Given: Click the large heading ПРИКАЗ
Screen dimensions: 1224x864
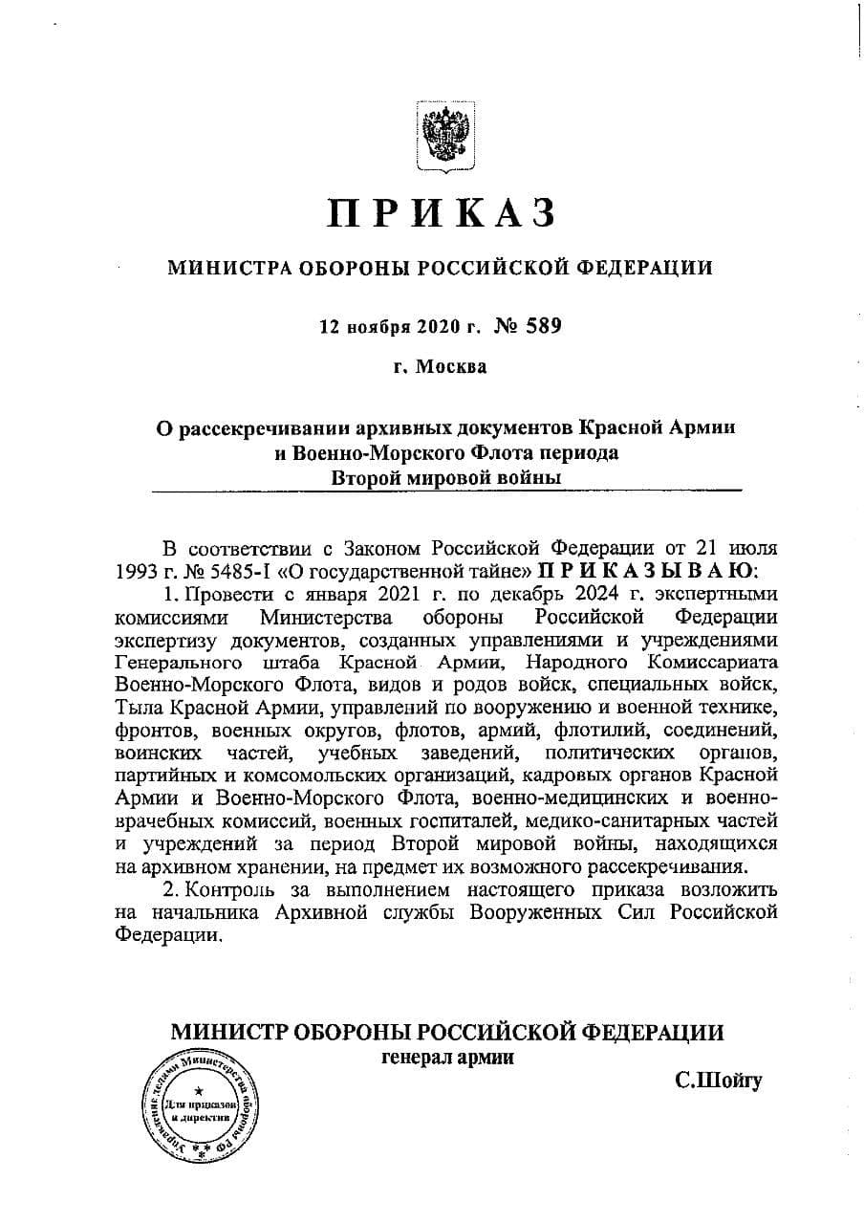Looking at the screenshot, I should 441,212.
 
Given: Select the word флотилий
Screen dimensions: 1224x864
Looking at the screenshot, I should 594,730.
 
